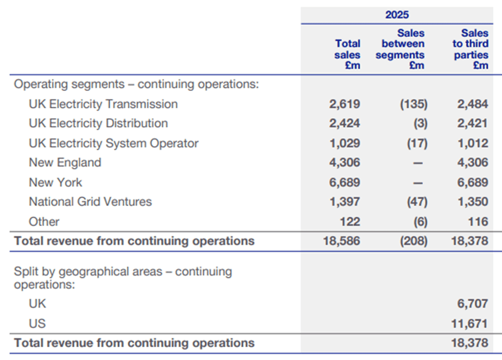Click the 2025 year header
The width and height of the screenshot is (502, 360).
[397, 15]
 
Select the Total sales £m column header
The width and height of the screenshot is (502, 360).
[347, 54]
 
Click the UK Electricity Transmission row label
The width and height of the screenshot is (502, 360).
[103, 104]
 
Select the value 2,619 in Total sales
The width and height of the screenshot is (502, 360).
[345, 104]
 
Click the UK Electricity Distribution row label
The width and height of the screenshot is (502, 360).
[98, 123]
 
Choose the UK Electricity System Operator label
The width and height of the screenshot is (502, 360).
[113, 143]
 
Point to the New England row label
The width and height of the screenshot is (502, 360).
[65, 163]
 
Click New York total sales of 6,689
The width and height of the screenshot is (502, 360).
[345, 183]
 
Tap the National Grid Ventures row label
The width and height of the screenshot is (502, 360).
[90, 201]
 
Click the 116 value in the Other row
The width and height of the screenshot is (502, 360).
[478, 222]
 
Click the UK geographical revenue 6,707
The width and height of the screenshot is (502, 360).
[472, 304]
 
